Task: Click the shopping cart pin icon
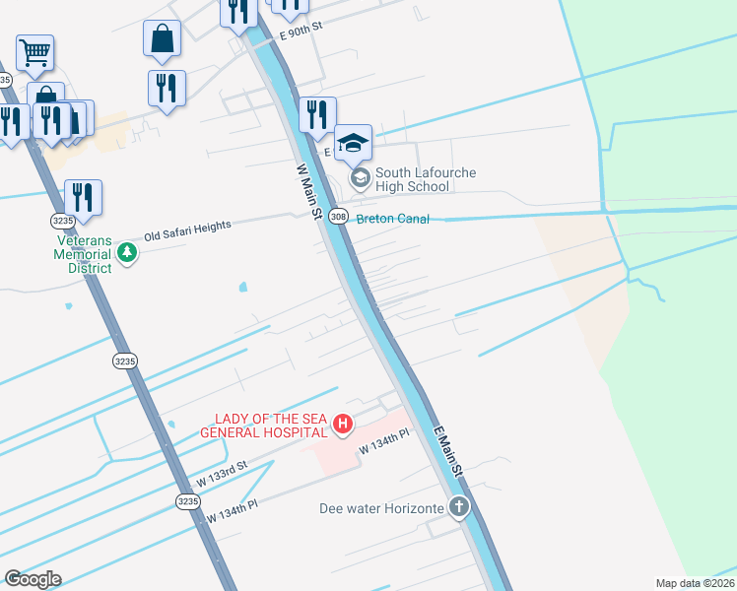(x=34, y=52)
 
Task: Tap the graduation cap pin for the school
(x=353, y=144)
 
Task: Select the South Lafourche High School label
(x=413, y=179)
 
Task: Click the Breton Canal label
(x=392, y=219)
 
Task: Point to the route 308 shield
(x=338, y=217)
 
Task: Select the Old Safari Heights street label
(x=187, y=231)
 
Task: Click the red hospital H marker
(x=342, y=425)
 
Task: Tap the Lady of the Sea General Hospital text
(x=263, y=425)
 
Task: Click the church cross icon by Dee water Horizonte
(x=458, y=508)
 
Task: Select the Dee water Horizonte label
(x=381, y=509)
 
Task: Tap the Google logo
(x=33, y=579)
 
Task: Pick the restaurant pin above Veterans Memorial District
(x=83, y=197)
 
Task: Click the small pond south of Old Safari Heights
(x=242, y=289)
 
